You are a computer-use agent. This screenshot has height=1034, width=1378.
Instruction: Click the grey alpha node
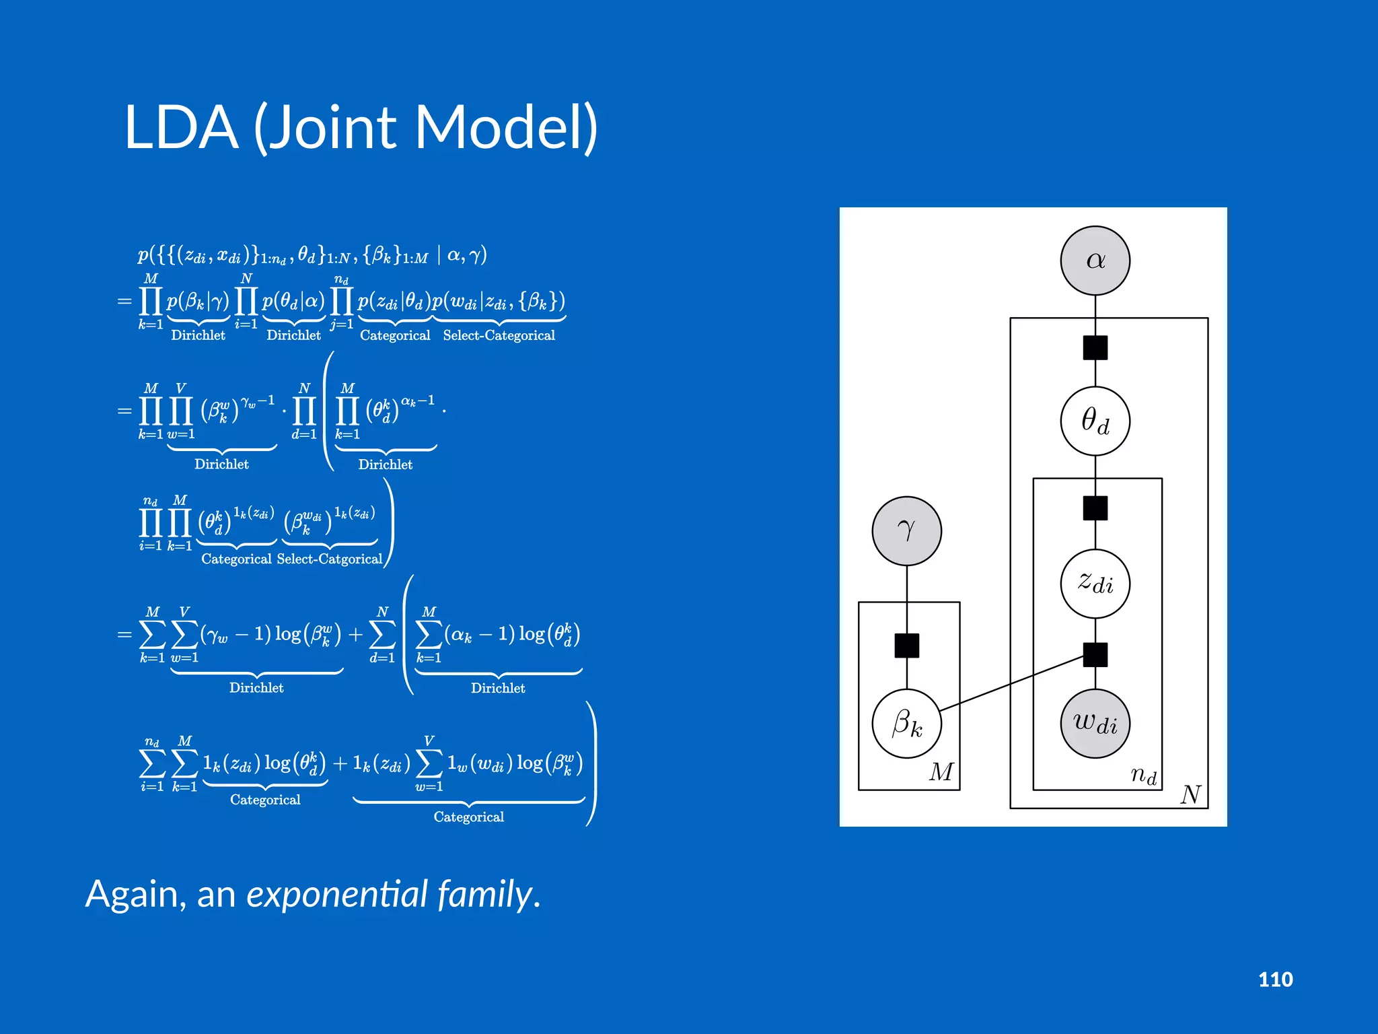[1095, 261]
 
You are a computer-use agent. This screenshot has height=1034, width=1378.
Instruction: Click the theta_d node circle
[1095, 421]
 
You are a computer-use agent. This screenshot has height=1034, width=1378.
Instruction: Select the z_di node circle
[1095, 583]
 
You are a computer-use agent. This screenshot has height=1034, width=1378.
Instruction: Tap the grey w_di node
[1095, 723]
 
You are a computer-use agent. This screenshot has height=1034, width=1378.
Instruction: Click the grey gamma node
[906, 531]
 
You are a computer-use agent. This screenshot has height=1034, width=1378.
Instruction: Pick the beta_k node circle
[906, 724]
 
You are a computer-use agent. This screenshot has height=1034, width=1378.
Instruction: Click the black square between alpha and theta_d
[1095, 348]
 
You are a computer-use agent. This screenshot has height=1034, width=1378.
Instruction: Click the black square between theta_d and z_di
[1095, 508]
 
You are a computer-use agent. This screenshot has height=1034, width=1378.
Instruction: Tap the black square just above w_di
[1095, 654]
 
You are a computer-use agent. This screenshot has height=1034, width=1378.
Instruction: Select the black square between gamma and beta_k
[906, 646]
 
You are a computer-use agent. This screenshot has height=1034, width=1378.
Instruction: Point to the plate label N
[1190, 795]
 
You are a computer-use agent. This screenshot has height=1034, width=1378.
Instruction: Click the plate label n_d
[1143, 775]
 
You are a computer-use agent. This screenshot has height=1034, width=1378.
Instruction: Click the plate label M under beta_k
[941, 771]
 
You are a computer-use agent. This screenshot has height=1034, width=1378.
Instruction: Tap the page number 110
[1275, 979]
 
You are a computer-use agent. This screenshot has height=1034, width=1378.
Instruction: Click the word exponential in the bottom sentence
[337, 895]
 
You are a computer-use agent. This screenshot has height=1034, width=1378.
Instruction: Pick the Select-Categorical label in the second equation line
[499, 335]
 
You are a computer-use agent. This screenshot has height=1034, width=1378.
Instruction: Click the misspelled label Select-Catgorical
[329, 559]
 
